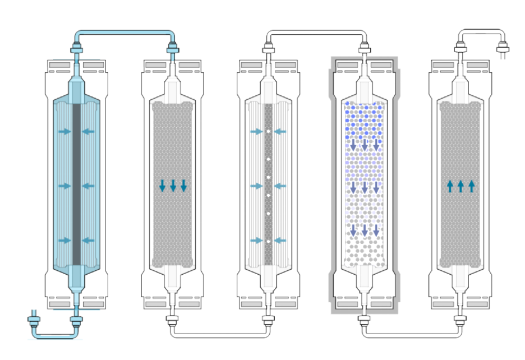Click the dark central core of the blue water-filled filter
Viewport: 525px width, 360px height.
pyautogui.click(x=77, y=185)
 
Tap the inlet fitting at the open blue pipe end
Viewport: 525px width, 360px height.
pyautogui.click(x=32, y=321)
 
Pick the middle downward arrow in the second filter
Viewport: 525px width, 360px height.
pyautogui.click(x=173, y=186)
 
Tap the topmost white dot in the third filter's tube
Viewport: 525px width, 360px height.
pyautogui.click(x=269, y=131)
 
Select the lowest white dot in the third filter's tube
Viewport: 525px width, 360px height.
pyautogui.click(x=269, y=241)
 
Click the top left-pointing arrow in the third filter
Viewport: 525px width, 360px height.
pyautogui.click(x=281, y=132)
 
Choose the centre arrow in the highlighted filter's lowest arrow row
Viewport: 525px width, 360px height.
pyautogui.click(x=365, y=230)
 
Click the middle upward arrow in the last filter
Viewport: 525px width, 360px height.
pyautogui.click(x=460, y=186)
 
